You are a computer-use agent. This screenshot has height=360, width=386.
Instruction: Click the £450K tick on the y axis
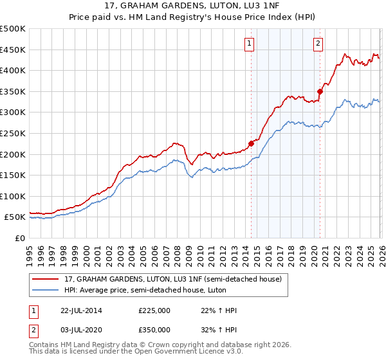13,50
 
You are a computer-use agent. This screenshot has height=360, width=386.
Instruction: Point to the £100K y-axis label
13,196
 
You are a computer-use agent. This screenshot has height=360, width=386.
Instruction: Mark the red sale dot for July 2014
251,144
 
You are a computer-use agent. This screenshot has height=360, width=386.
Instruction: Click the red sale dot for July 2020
320,92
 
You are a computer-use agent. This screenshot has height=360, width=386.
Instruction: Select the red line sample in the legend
46,280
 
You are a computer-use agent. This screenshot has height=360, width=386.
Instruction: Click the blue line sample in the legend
46,291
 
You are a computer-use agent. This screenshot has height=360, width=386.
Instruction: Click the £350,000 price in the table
154,329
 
